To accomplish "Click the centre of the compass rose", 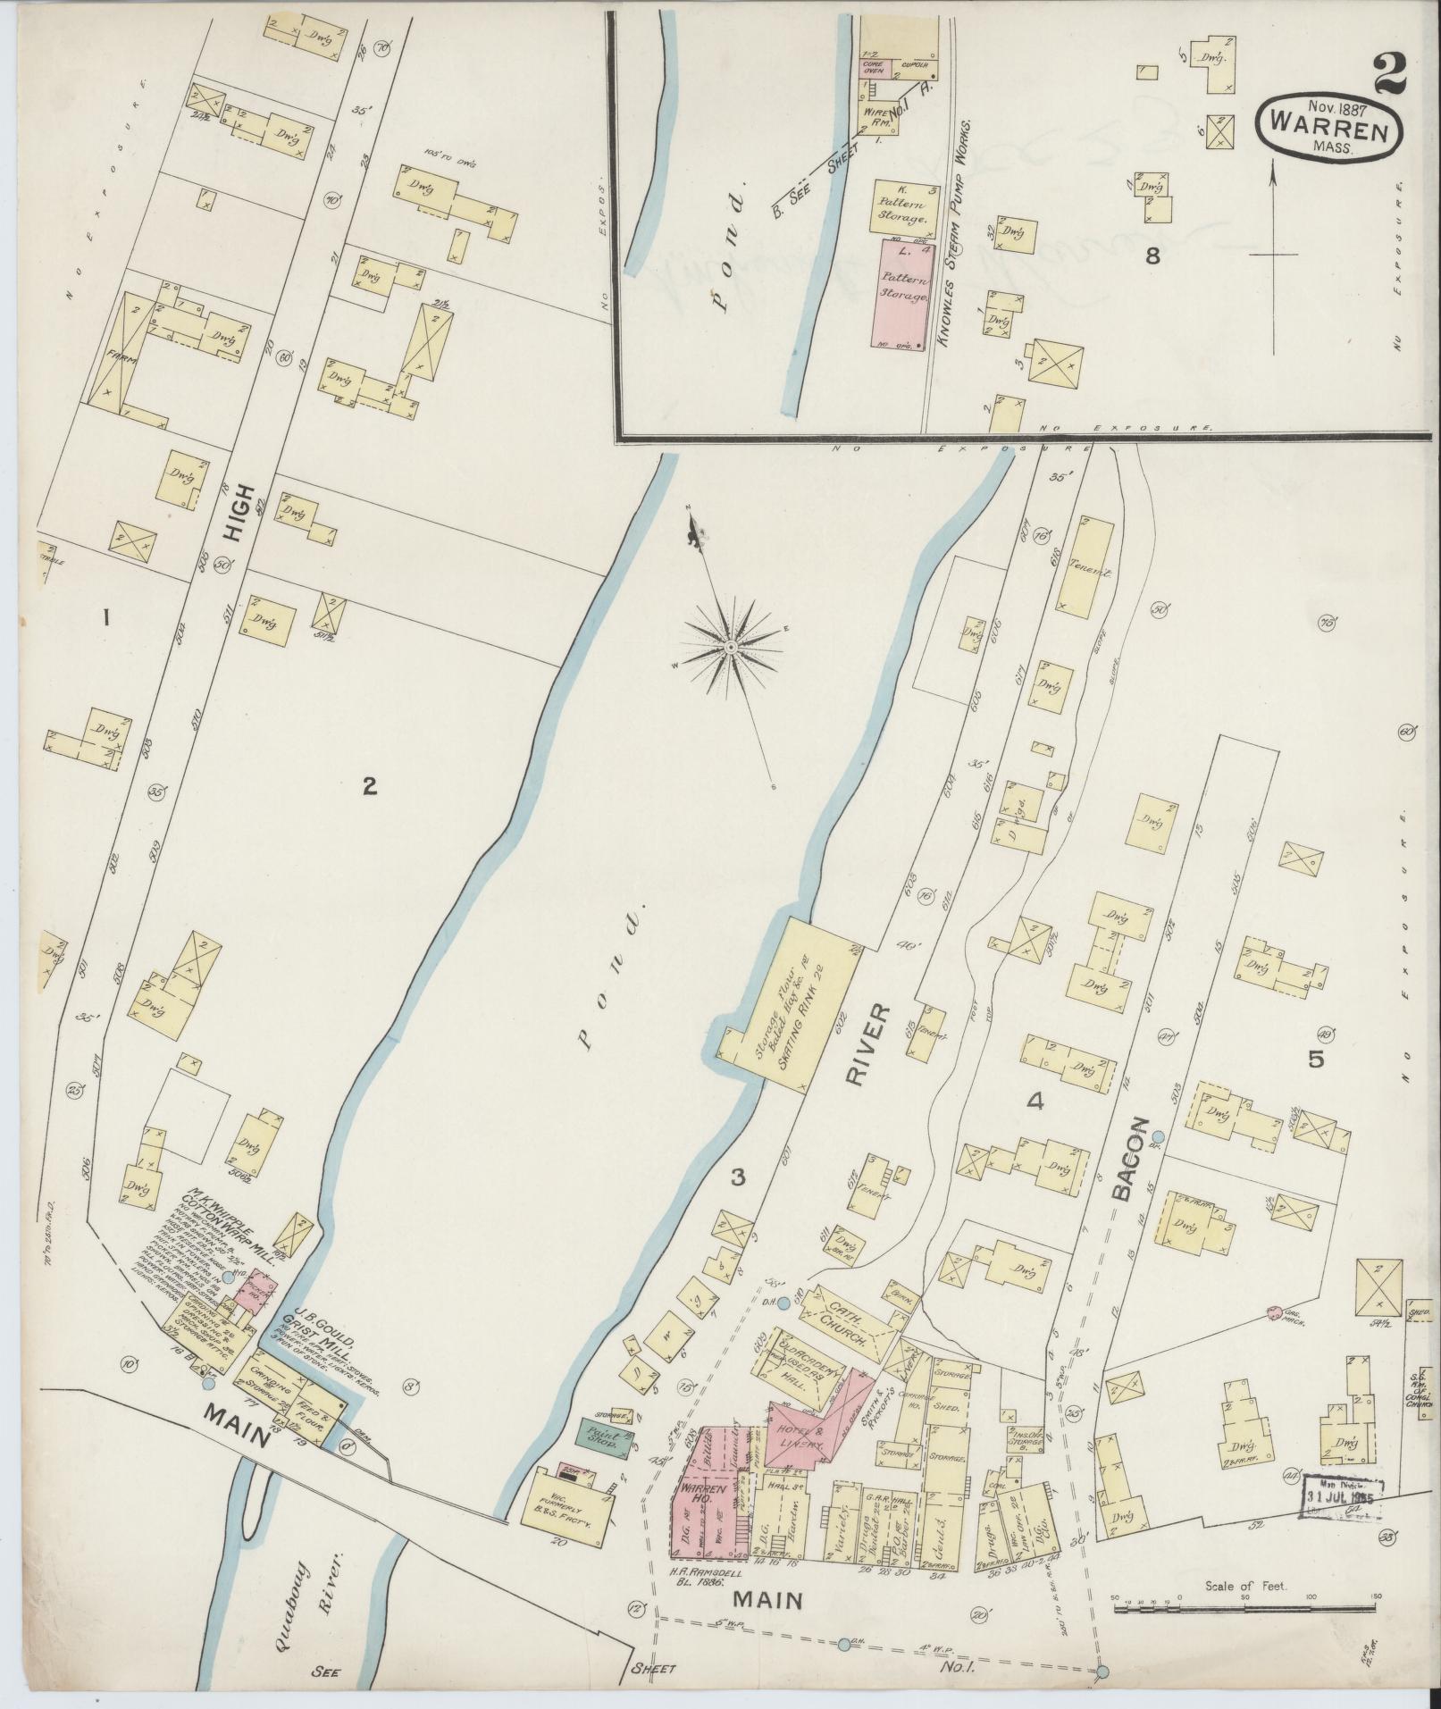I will (x=731, y=645).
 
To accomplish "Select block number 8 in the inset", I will (x=1152, y=257).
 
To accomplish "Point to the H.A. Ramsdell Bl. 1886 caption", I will (x=706, y=1571).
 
